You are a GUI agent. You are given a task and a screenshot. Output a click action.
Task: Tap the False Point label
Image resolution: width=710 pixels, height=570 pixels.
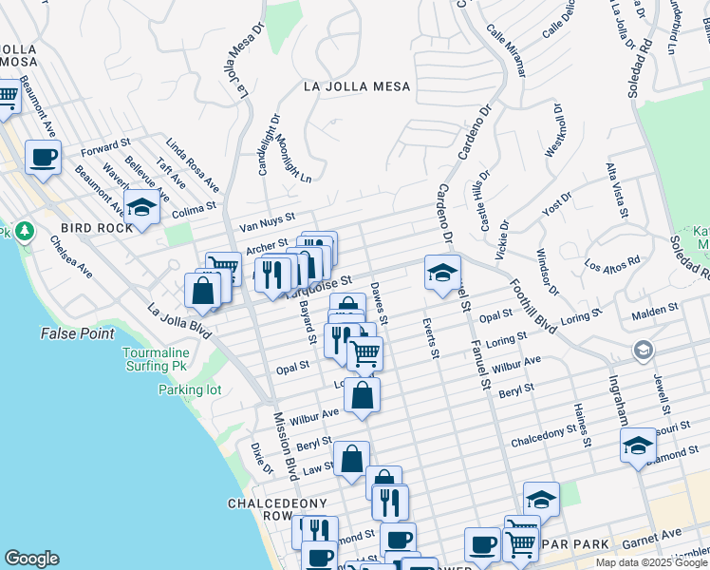coord(78,333)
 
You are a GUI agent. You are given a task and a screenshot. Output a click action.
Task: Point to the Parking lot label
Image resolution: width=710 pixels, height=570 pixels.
coord(189,389)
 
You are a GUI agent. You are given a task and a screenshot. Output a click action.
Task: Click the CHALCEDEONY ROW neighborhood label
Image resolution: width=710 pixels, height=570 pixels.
coord(264,509)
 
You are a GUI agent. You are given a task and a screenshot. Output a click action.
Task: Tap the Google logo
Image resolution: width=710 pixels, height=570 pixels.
coord(31,559)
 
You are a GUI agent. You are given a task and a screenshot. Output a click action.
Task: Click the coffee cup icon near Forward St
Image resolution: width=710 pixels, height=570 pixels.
coord(43,159)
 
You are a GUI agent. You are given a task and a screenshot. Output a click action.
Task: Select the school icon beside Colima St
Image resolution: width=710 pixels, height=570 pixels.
coord(141,208)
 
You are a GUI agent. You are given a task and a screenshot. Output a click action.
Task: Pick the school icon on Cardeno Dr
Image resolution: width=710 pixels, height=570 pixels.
coord(441,274)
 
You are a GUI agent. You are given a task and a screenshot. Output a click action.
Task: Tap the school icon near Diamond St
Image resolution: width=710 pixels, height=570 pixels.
coord(638,445)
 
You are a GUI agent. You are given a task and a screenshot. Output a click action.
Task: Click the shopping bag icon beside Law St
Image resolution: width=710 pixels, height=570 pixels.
coord(351,460)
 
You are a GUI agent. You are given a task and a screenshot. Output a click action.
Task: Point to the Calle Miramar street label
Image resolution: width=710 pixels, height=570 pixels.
coord(508,45)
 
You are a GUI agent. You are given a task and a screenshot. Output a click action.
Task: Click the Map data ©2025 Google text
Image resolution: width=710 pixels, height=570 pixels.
coord(649,562)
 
